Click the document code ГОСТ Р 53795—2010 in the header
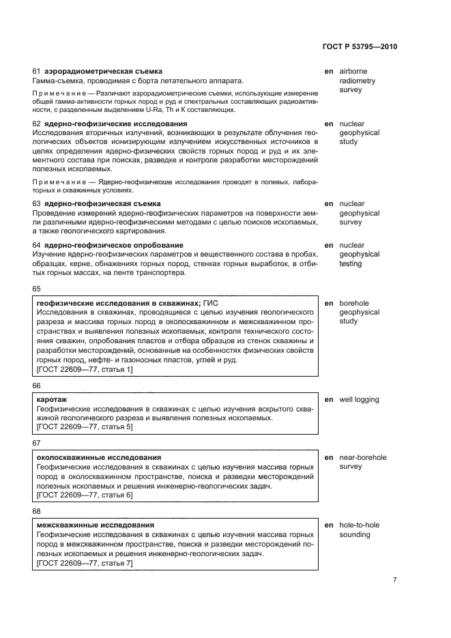359,47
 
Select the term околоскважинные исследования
98,457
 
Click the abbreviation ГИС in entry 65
212,303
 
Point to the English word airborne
354,71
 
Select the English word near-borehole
363,457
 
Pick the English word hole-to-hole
360,525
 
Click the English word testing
351,263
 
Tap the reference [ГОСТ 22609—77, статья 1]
85,369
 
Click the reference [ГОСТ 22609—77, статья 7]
85,563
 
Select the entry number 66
38,386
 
